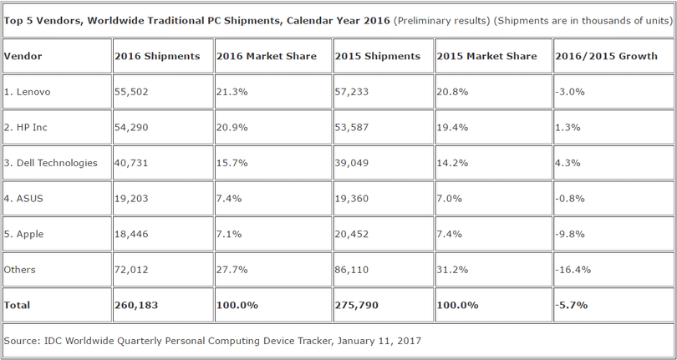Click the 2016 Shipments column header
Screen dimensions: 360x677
[157, 56]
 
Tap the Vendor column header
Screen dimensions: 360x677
[23, 56]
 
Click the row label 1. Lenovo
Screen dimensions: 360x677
[28, 92]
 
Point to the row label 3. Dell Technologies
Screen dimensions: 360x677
[51, 163]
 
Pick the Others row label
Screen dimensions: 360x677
[19, 270]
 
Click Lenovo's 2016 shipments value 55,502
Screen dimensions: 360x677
[132, 92]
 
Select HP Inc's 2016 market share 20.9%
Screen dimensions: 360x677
[231, 128]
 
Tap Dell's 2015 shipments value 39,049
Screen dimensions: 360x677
[354, 163]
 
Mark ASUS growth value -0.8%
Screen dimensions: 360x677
[569, 199]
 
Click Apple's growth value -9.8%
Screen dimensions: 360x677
[569, 235]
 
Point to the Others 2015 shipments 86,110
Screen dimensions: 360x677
[354, 270]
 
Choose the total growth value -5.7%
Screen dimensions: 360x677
[571, 306]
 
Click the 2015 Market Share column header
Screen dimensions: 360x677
[486, 56]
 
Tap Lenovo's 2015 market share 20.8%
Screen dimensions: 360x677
[451, 92]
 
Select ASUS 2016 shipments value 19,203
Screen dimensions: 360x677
[132, 199]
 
